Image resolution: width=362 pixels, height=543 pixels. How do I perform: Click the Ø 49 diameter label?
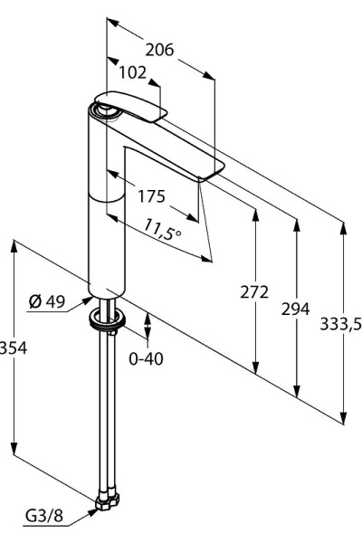[x=46, y=302]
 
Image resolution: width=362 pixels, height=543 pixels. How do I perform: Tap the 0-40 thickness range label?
[x=146, y=358]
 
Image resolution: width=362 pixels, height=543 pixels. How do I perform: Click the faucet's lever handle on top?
[x=136, y=105]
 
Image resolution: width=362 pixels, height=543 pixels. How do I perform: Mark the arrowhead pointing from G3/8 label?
[x=94, y=510]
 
